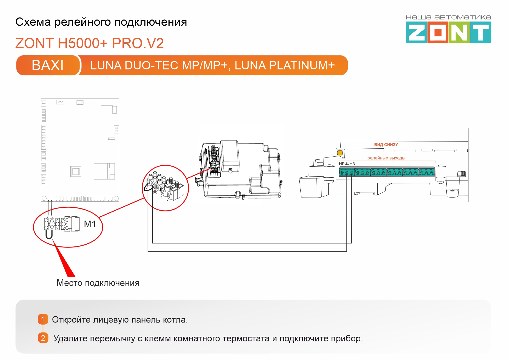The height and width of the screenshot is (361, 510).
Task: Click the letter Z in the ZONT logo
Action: pos(416,32)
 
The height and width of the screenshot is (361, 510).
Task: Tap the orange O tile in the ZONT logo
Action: pos(438,32)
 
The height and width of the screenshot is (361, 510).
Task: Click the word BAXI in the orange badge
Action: pos(48,65)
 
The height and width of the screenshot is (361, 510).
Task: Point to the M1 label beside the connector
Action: pos(90,224)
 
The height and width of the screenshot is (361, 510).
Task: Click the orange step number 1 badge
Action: pos(43,319)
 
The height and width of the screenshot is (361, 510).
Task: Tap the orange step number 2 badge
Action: pos(43,338)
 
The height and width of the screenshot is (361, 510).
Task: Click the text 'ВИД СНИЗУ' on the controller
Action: pos(386,145)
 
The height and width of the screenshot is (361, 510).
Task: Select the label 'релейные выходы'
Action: pos(386,158)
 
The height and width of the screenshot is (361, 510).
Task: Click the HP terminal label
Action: pos(342,164)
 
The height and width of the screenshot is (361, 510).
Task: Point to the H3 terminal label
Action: pos(352,164)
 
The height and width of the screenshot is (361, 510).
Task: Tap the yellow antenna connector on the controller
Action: pos(340,153)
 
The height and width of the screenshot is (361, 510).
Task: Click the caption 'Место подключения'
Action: pos(98,283)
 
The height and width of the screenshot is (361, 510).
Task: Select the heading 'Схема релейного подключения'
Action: pos(101,22)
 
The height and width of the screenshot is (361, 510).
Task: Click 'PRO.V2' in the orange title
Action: pos(138,43)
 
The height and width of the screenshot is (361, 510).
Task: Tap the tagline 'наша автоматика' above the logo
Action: pos(449,18)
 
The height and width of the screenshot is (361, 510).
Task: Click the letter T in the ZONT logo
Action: pos(480,32)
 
